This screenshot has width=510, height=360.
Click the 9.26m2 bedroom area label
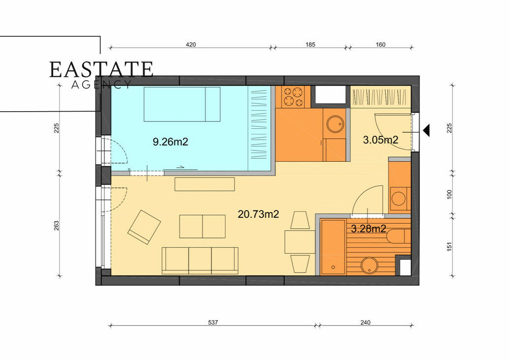[x=171, y=142]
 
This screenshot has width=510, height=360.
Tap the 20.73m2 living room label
[x=258, y=214]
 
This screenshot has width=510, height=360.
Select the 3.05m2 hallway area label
[x=381, y=140]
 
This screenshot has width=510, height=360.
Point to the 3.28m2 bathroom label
[x=368, y=229]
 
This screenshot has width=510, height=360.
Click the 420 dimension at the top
[x=191, y=45]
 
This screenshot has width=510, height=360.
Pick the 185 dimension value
[x=310, y=45]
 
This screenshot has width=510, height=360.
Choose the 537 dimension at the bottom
[x=213, y=322]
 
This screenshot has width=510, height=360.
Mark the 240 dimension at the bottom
[x=365, y=322]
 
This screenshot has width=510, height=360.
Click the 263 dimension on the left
[x=56, y=226]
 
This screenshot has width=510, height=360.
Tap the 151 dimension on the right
[x=449, y=246]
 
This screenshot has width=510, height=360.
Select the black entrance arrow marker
[x=426, y=130]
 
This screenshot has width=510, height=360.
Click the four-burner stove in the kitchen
[x=293, y=97]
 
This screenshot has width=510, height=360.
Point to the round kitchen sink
[x=335, y=124]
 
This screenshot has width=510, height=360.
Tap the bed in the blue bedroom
[x=182, y=104]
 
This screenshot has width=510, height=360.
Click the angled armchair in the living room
[x=144, y=227]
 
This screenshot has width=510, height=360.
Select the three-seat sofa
[x=200, y=261]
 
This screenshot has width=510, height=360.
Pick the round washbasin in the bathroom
[x=369, y=266]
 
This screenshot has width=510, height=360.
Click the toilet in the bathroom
[x=398, y=236]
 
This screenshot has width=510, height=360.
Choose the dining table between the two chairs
[x=300, y=241]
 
